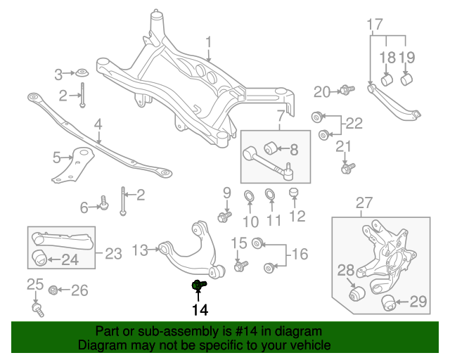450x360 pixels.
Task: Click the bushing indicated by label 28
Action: (357, 292)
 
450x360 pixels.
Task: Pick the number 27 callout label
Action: (364, 204)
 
